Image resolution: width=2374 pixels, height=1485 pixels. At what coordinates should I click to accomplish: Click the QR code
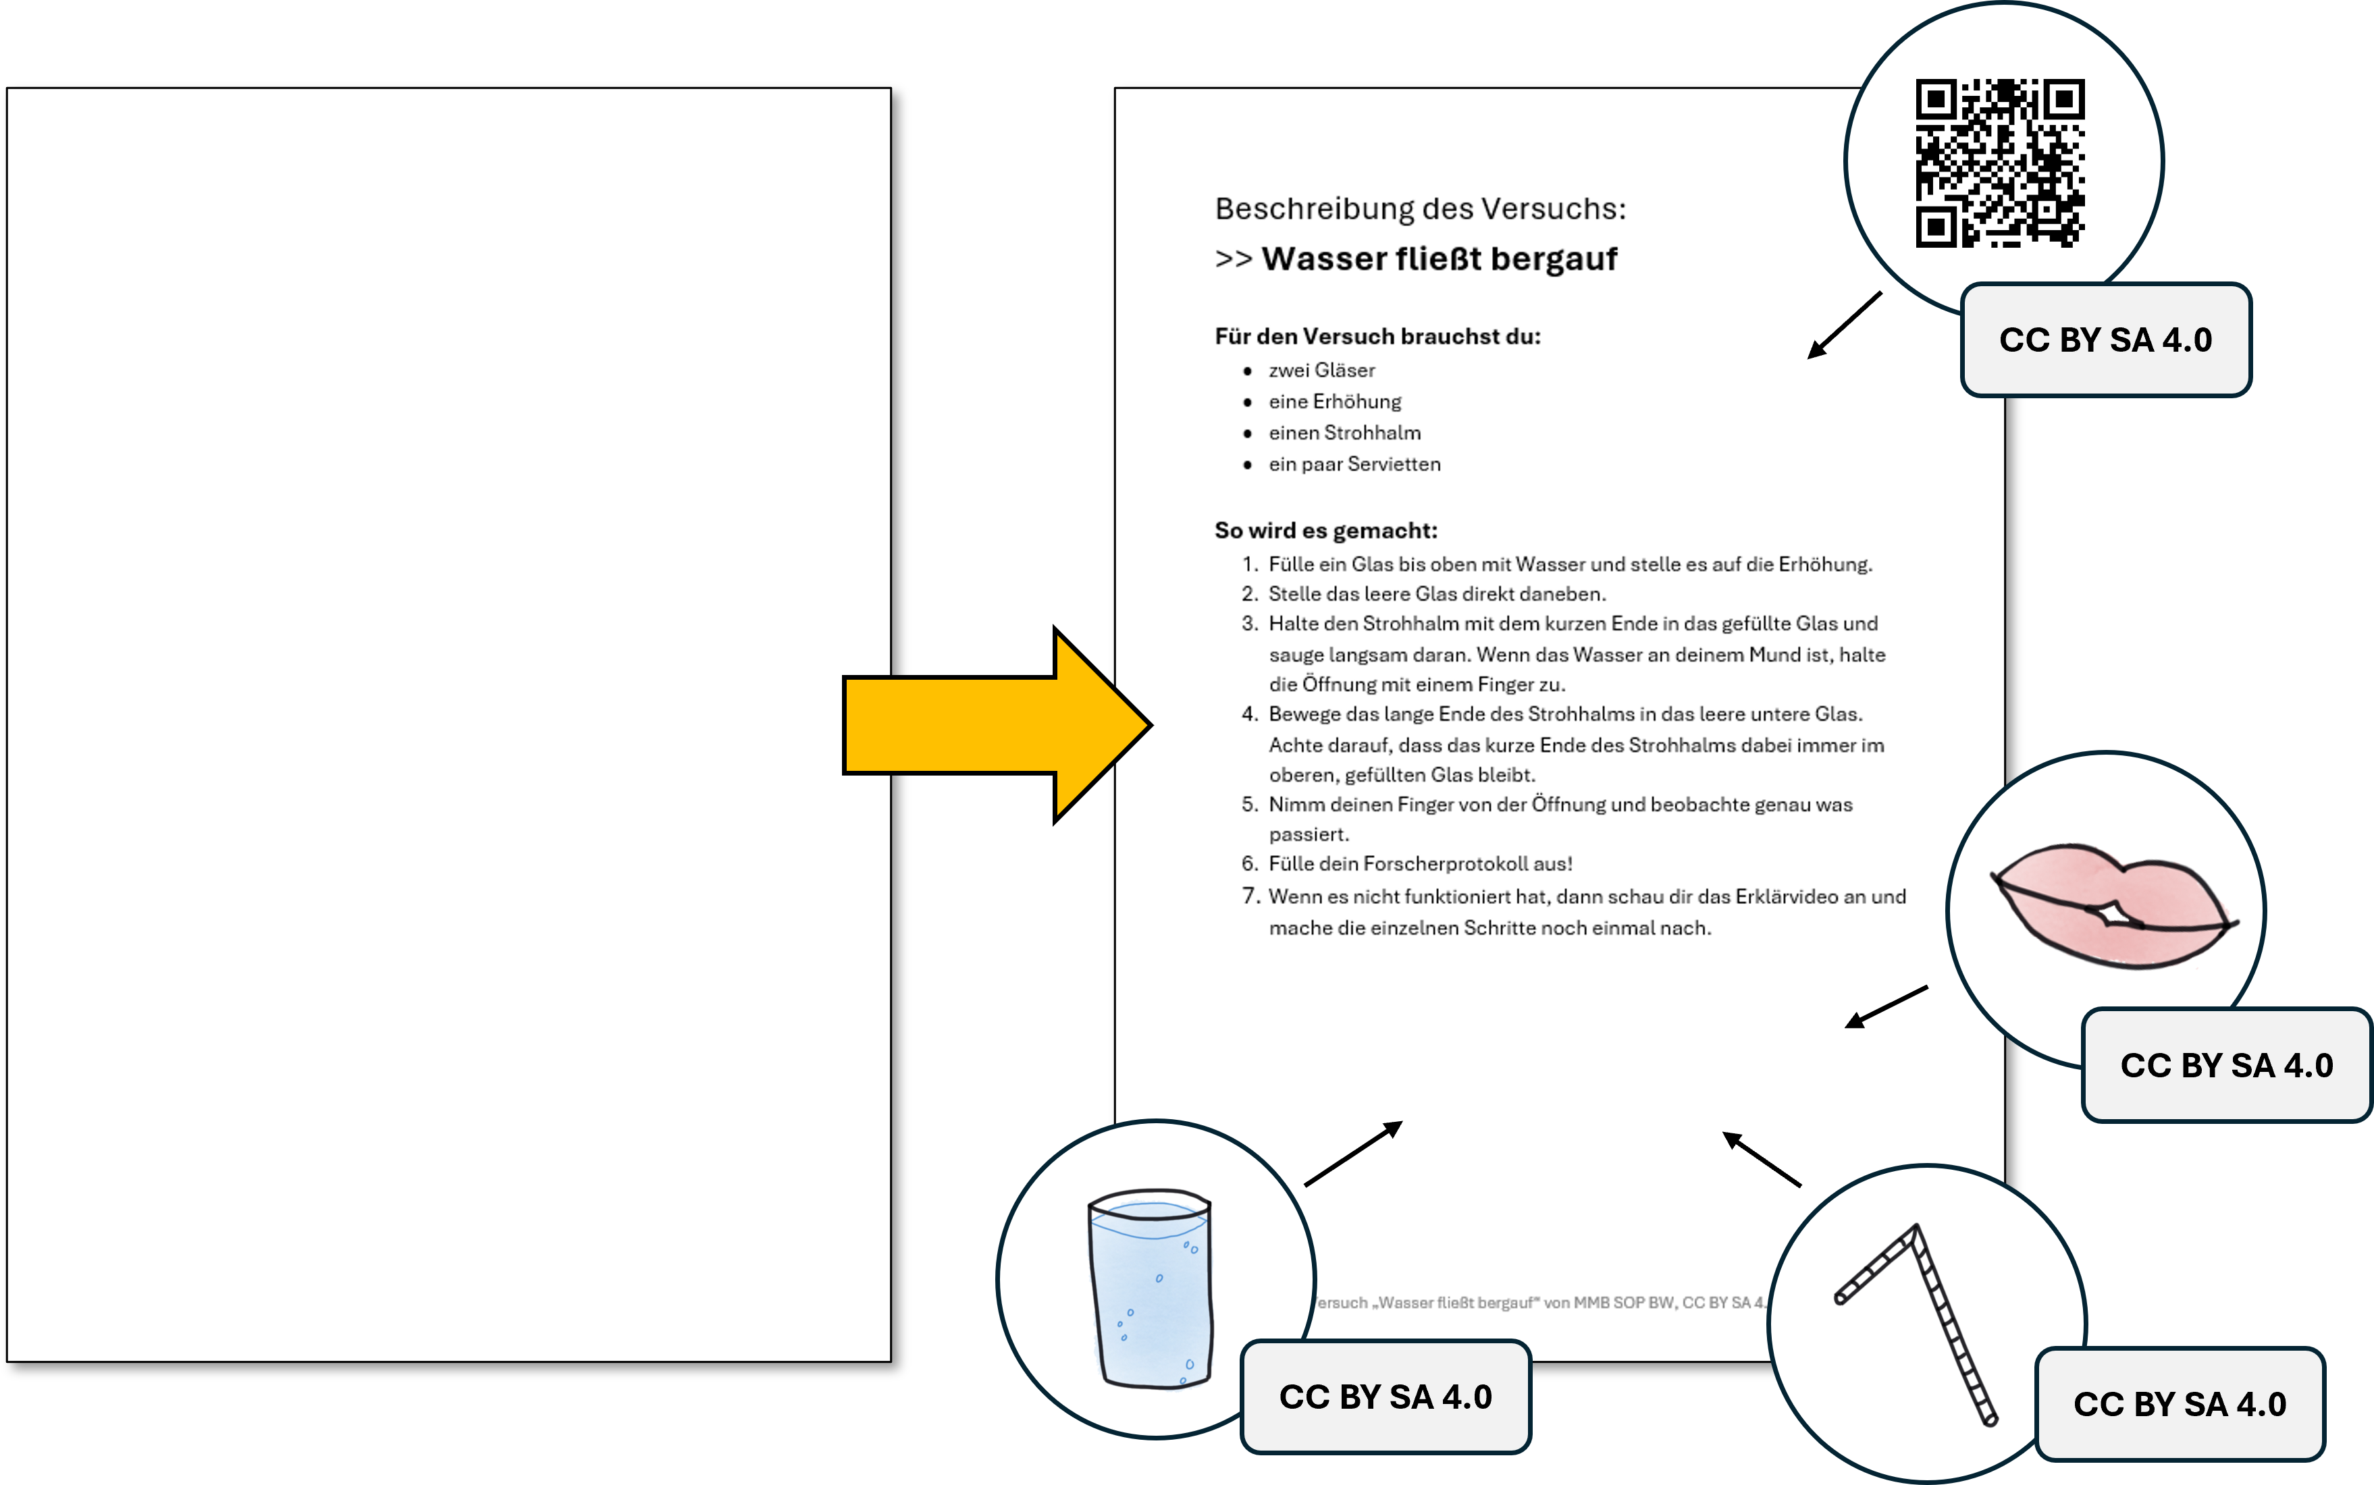(2000, 163)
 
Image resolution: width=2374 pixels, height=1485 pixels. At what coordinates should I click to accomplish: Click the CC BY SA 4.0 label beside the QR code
(2105, 340)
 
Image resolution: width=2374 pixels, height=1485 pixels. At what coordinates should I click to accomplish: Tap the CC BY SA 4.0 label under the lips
(2225, 1066)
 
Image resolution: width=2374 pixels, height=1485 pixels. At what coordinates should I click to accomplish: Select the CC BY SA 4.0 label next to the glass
(1385, 1397)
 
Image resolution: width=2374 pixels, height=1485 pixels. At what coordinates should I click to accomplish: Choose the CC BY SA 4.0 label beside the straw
(2179, 1405)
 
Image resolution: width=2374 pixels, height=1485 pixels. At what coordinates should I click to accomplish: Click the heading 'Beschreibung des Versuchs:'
(1420, 209)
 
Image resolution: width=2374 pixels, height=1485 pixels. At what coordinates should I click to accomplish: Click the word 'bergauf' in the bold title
(1553, 259)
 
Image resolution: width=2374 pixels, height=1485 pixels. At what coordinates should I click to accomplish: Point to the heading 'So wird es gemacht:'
(1326, 531)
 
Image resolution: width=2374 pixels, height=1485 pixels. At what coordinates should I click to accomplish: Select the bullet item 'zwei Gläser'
(1321, 371)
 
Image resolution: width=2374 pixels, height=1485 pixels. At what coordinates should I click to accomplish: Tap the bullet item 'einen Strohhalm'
(1344, 433)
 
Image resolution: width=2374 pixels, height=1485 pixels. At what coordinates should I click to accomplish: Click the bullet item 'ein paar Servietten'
(1354, 464)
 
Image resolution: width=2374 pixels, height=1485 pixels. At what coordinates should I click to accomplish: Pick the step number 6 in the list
(1248, 864)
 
